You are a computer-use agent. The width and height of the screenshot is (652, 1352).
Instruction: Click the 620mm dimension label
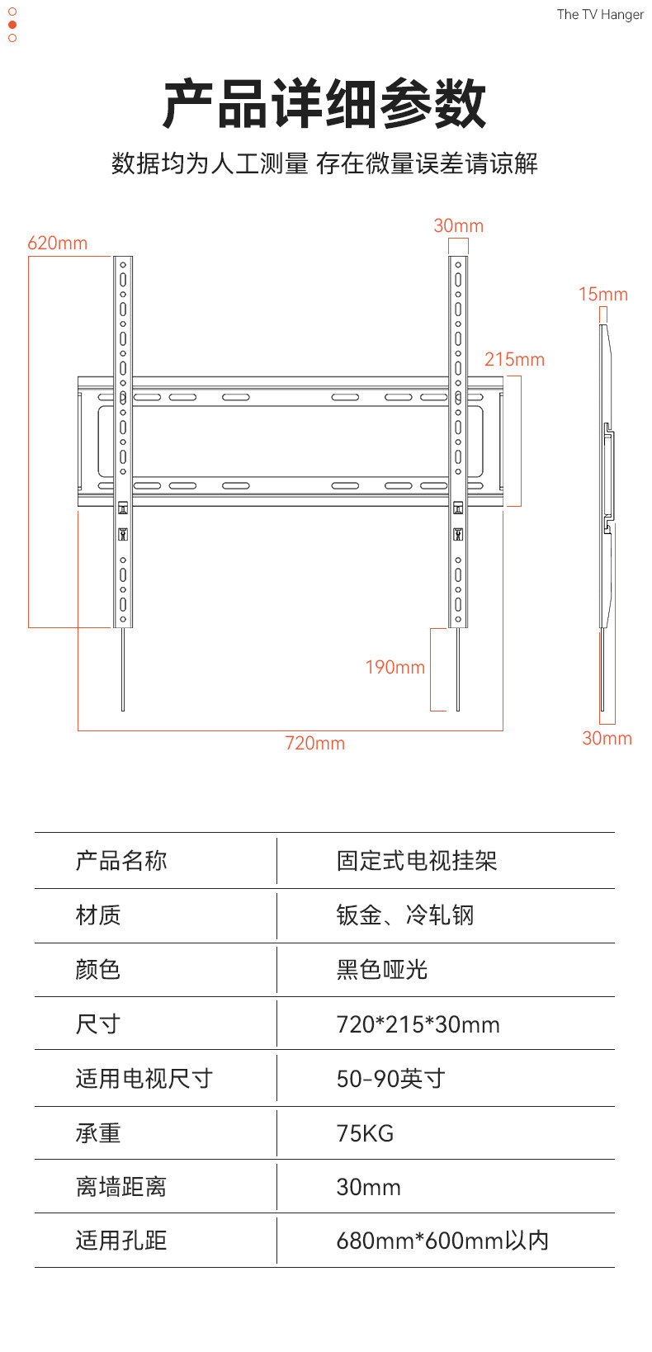(x=57, y=243)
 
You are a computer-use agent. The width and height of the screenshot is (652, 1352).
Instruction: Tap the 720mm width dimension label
(x=314, y=743)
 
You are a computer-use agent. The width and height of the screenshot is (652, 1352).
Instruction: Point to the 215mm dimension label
(x=514, y=359)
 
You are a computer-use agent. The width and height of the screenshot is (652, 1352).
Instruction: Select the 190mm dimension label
(x=395, y=667)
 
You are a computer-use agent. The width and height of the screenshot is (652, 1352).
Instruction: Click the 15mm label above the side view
(x=602, y=294)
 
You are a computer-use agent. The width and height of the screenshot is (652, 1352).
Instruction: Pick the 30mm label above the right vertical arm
(x=458, y=225)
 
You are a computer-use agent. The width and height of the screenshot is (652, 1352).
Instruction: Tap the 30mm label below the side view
(x=607, y=738)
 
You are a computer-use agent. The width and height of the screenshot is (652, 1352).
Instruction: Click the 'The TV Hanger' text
(x=600, y=14)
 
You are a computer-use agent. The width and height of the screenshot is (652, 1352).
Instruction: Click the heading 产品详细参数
(x=325, y=105)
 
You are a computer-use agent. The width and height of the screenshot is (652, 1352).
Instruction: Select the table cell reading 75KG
(x=365, y=1132)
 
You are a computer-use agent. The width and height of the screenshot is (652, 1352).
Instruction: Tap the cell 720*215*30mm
(x=418, y=1024)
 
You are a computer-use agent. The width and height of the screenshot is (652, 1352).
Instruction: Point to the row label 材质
(x=98, y=915)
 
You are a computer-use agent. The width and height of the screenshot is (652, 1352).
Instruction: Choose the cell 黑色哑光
(x=381, y=969)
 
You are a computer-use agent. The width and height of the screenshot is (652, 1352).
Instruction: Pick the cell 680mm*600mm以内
(x=442, y=1240)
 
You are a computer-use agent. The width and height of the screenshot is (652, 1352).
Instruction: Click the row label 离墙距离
(x=121, y=1186)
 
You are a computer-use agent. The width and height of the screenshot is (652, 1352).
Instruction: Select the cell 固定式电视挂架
(x=417, y=861)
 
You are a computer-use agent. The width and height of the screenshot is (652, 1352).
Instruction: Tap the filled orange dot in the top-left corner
(x=12, y=25)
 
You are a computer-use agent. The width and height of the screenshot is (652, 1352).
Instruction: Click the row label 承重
(x=98, y=1132)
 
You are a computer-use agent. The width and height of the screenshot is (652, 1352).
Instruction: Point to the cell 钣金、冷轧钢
(x=404, y=915)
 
